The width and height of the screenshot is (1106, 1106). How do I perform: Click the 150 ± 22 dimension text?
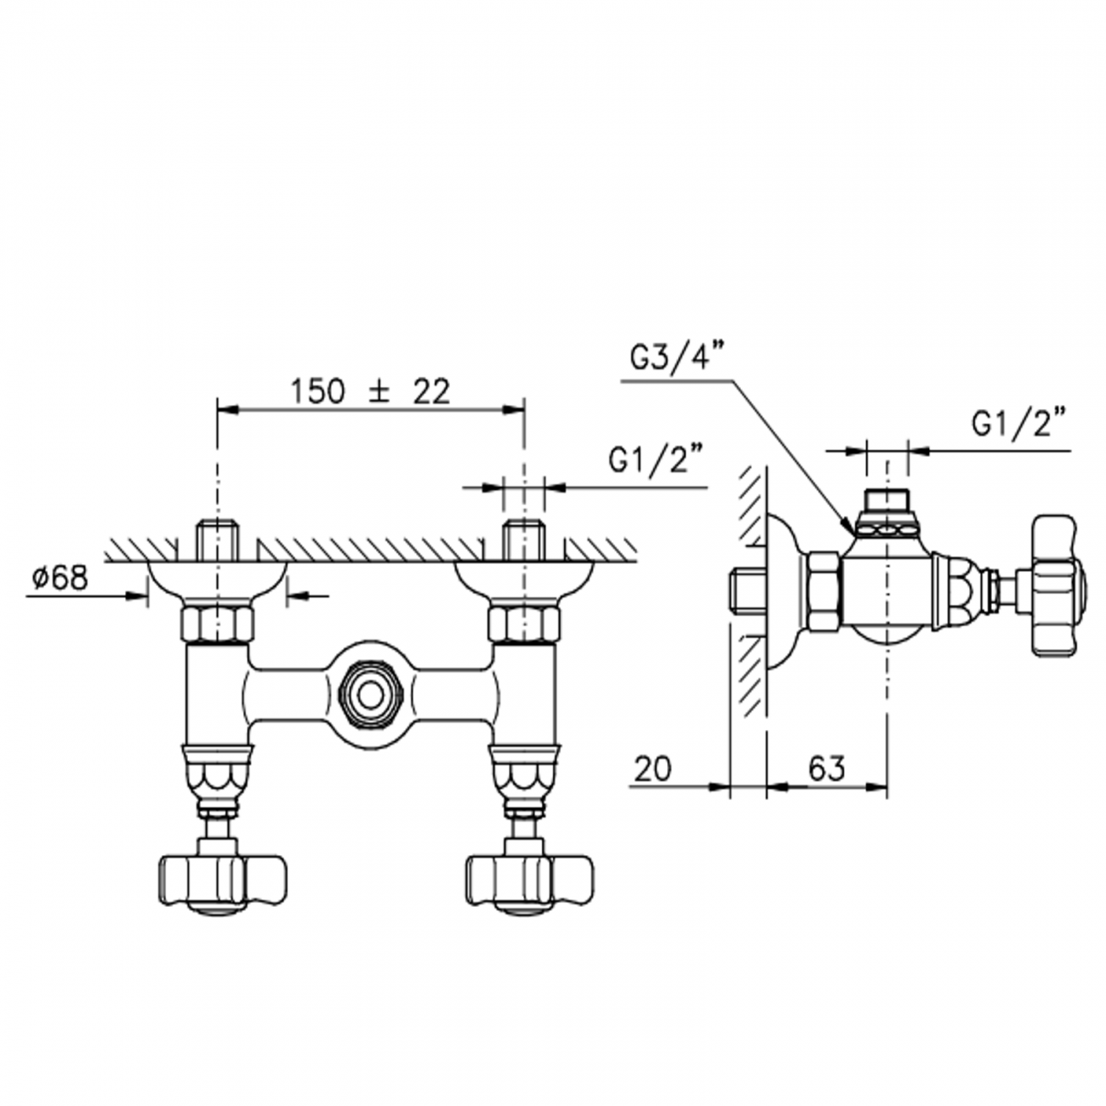tap(370, 392)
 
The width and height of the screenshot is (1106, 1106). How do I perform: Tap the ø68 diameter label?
tap(60, 579)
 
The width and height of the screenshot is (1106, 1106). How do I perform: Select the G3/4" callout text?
tap(675, 360)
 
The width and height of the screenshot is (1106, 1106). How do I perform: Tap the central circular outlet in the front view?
tap(371, 695)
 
